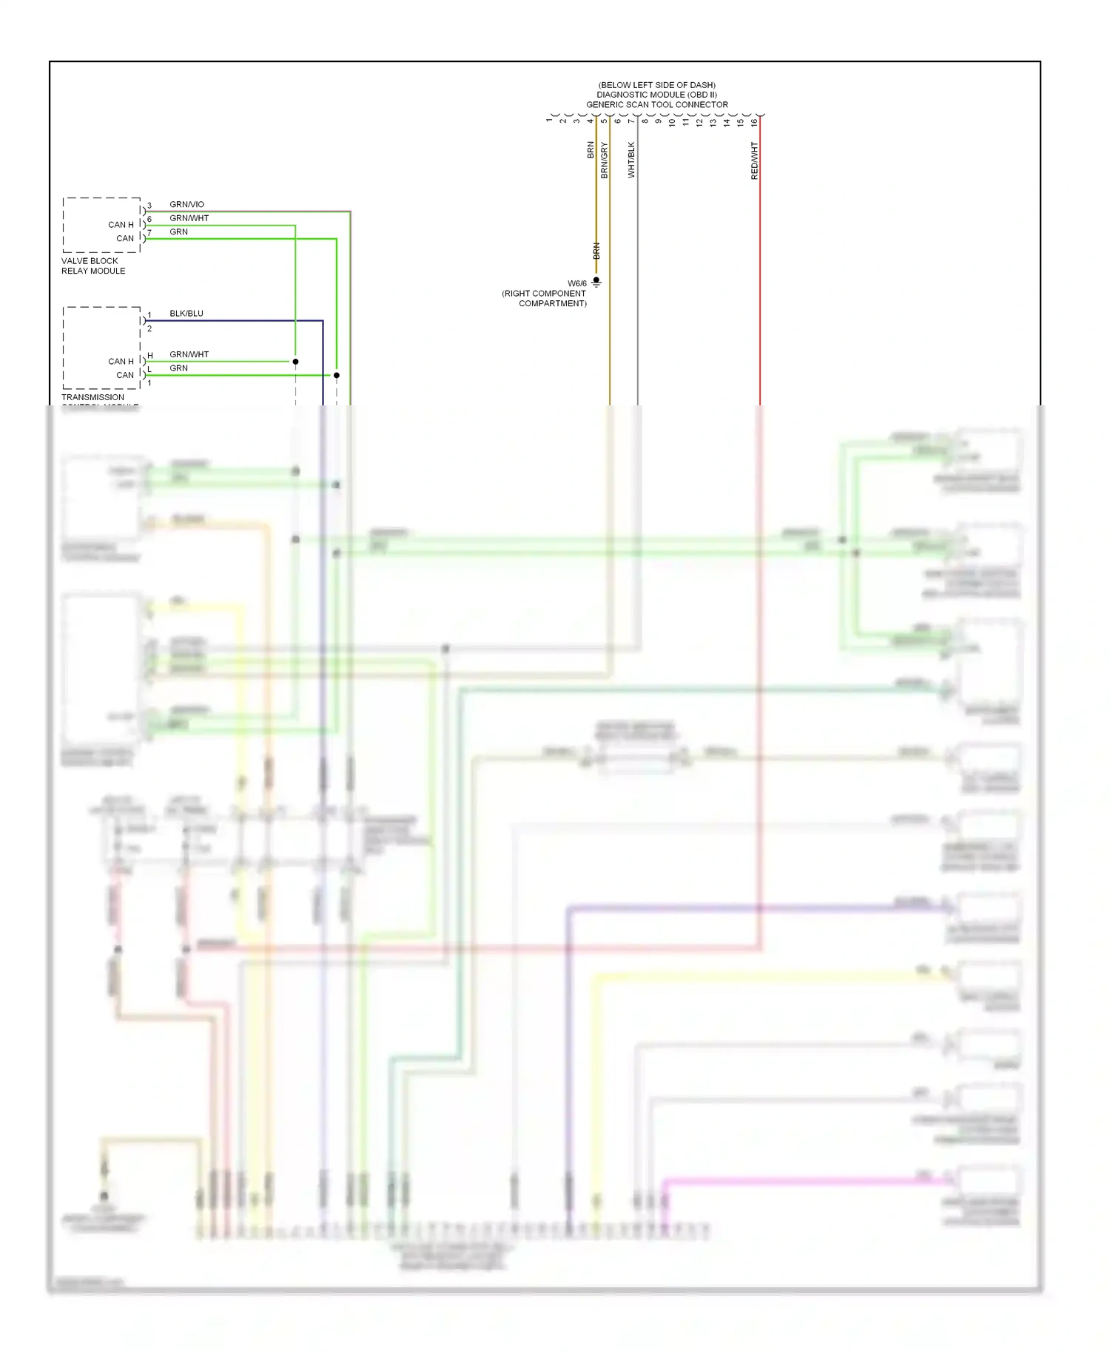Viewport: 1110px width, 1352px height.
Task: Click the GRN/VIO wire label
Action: (186, 204)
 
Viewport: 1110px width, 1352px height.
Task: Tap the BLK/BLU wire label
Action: (186, 313)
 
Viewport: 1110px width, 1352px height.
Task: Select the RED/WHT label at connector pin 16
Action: (754, 161)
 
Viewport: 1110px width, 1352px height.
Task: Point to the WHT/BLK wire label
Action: (631, 160)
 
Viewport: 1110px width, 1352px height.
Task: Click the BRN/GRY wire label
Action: (604, 160)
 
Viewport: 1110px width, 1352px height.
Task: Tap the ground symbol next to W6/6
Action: (596, 282)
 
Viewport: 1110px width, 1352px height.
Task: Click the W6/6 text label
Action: (577, 283)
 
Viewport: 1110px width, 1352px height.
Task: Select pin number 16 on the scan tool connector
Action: (754, 122)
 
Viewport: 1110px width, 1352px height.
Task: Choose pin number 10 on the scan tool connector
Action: (673, 122)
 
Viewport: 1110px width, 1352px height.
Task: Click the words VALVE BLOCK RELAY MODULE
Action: (93, 266)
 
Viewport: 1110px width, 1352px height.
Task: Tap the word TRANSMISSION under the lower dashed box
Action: (92, 397)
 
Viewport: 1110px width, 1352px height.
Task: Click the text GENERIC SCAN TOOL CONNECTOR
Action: (657, 104)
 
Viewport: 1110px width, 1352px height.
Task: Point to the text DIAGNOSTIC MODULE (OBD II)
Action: (657, 95)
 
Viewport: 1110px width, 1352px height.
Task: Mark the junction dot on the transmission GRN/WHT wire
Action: (295, 362)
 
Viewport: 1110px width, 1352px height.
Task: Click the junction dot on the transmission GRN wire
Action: (337, 375)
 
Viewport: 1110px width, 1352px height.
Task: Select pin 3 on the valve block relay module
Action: (149, 206)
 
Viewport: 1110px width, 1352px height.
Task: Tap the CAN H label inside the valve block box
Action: (121, 225)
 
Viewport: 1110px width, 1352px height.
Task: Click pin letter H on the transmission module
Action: (149, 356)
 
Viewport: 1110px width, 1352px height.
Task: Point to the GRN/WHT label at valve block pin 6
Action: (189, 218)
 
